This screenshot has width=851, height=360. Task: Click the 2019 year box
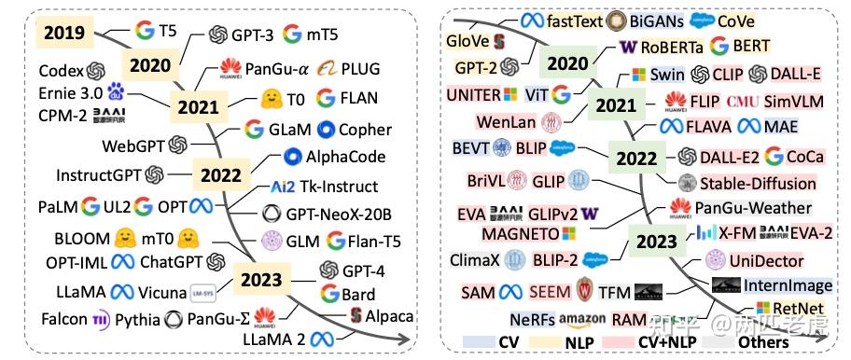pos(63,34)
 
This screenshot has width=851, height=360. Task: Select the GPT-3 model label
pos(252,35)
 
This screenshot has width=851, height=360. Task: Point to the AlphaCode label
pos(345,156)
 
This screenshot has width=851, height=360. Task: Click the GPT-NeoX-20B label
pos(340,213)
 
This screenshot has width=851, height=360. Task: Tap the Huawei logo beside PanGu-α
pos(230,67)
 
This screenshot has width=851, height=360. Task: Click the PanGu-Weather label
pos(753,207)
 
